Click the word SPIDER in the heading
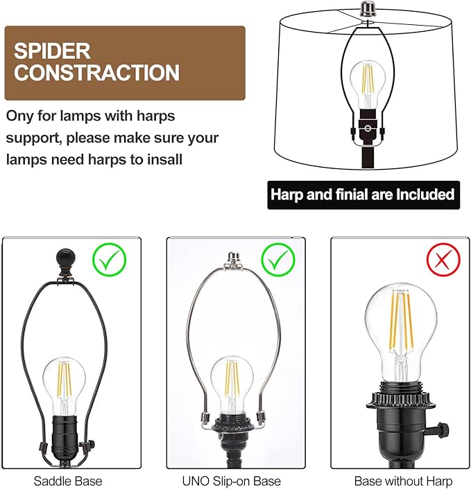(53, 51)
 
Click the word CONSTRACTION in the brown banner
(97, 73)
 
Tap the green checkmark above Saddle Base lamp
(112, 260)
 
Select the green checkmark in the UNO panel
(278, 260)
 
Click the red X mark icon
(443, 260)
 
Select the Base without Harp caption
(403, 481)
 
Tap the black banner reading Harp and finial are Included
(363, 195)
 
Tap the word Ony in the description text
(19, 116)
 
